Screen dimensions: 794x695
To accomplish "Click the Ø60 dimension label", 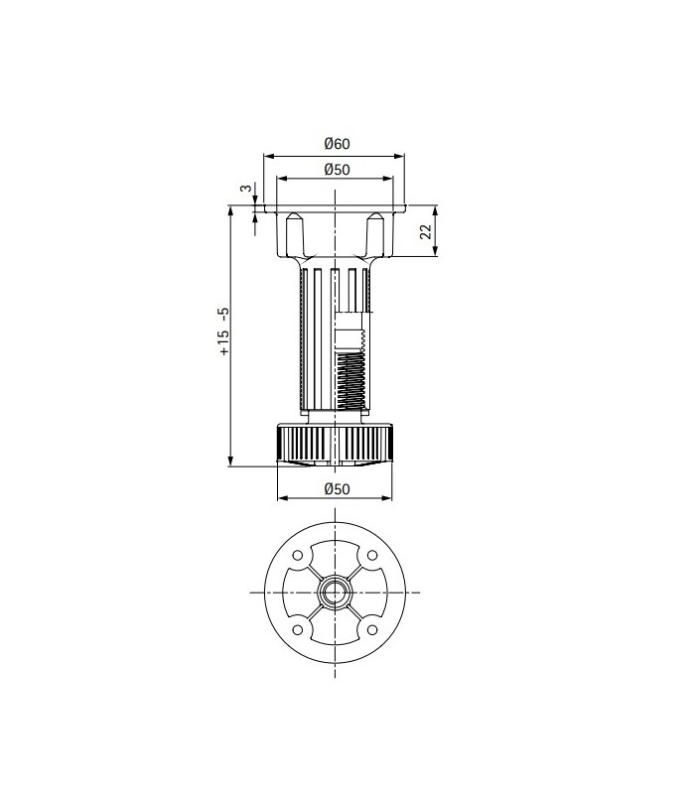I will pos(338,144).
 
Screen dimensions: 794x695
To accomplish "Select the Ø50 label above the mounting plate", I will pos(338,170).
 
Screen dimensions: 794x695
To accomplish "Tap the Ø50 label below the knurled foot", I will pos(338,487).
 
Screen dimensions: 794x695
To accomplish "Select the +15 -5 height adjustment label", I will pos(223,331).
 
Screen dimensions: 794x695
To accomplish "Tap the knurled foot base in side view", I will pos(337,443).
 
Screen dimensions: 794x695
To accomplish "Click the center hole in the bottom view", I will pos(336,593).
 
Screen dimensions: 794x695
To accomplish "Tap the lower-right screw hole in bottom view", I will pos(372,630).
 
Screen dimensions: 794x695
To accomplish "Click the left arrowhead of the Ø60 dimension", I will pos(266,155).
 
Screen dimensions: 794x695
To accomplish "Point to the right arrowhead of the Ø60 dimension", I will pos(402,155).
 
